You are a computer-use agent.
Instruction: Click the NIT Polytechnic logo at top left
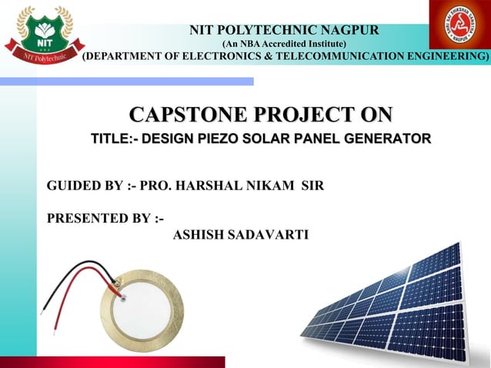[41, 33]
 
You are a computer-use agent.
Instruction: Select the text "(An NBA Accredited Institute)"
[284, 44]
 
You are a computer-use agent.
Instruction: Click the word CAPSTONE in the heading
[184, 115]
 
